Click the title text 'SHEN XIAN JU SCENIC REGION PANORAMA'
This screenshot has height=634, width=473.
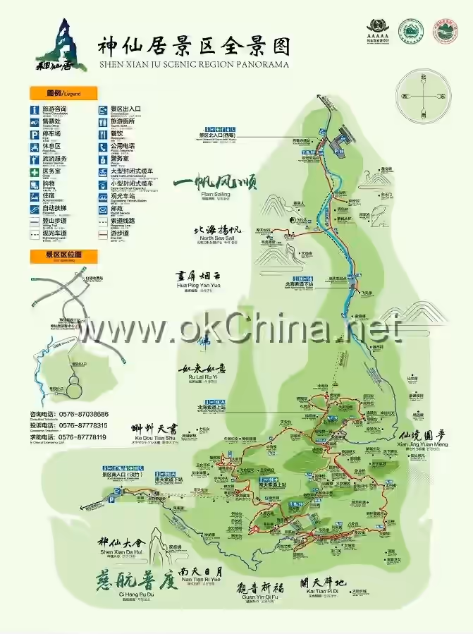[x=194, y=64]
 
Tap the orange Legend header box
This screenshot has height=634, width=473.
[x=63, y=93]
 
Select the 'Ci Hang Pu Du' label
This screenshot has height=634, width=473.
[x=127, y=595]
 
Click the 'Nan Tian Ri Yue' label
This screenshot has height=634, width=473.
[x=201, y=579]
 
